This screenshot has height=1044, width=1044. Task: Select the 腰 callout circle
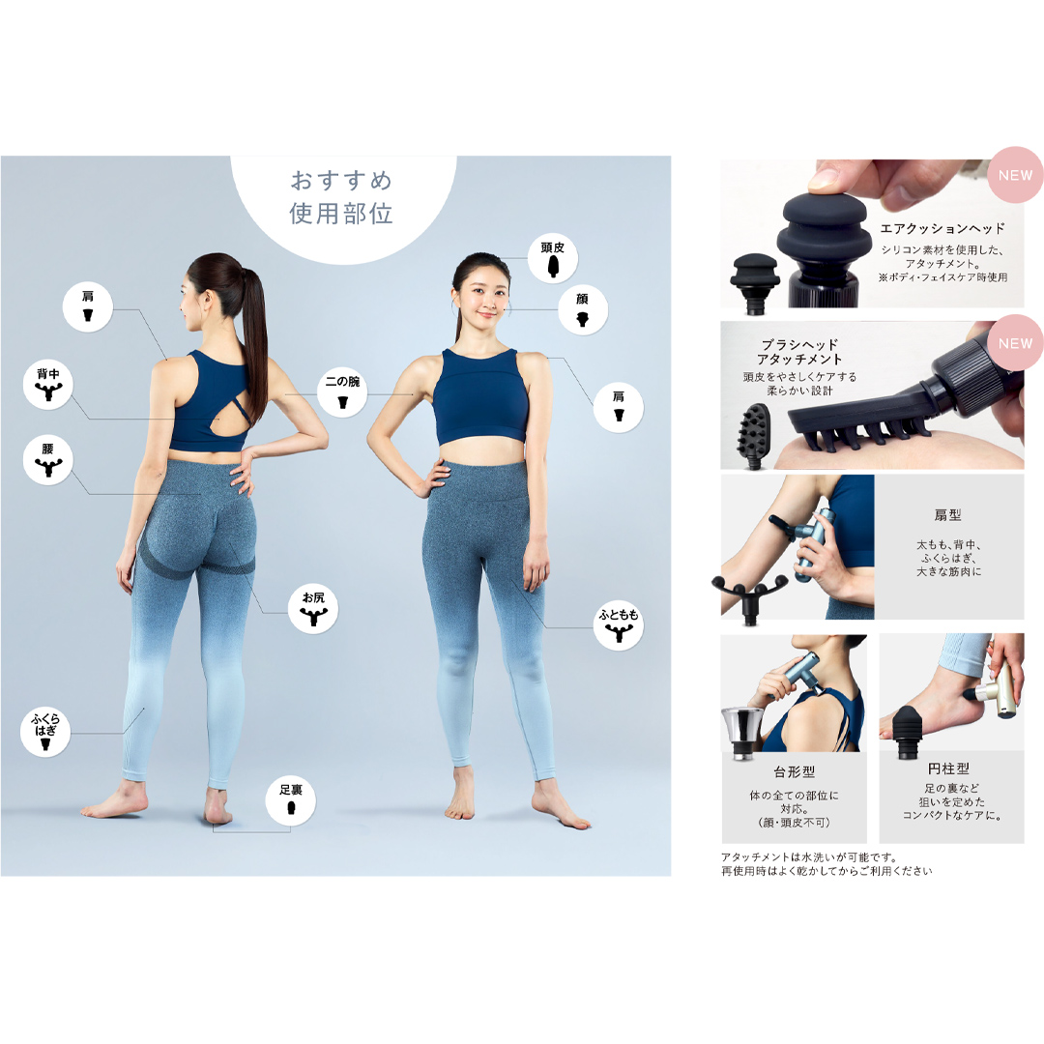pyautogui.click(x=47, y=460)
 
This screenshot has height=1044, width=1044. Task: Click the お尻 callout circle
pyautogui.click(x=313, y=610)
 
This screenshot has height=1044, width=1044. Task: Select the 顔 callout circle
pyautogui.click(x=583, y=310)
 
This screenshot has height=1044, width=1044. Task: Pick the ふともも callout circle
pyautogui.click(x=618, y=624)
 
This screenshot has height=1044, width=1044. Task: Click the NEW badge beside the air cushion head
pyautogui.click(x=1015, y=176)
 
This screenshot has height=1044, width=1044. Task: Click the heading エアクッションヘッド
pyautogui.click(x=942, y=229)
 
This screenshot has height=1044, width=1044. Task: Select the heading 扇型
pyautogui.click(x=948, y=516)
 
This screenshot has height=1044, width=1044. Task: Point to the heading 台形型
pyautogui.click(x=794, y=772)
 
